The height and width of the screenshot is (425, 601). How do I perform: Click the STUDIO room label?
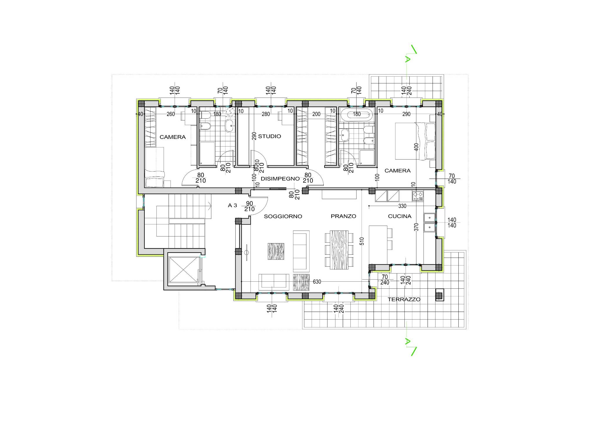[269, 136]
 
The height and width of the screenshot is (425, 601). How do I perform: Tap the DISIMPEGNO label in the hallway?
[280, 179]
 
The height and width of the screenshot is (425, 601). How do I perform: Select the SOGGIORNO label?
[283, 216]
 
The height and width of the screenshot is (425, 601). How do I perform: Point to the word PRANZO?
[343, 216]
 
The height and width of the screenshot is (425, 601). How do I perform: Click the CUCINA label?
[399, 216]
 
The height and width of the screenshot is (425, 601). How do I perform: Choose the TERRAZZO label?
[404, 300]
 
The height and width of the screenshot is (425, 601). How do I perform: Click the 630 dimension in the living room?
[317, 282]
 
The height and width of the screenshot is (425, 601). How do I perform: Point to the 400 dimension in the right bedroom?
[416, 147]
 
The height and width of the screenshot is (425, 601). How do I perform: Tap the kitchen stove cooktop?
[418, 196]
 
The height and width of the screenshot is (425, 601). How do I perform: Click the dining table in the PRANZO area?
[339, 250]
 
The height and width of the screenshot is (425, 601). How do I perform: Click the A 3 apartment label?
[232, 206]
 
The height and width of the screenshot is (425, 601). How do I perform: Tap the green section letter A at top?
[407, 59]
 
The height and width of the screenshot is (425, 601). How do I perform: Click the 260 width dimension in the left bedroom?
[171, 114]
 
